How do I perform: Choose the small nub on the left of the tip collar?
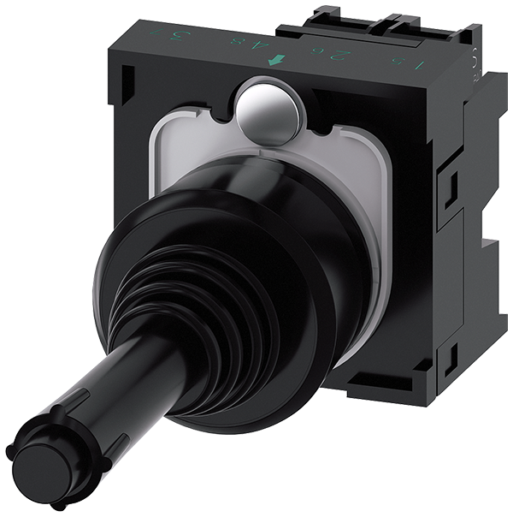pos(10,449)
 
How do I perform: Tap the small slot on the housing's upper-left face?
pos(125,82)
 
